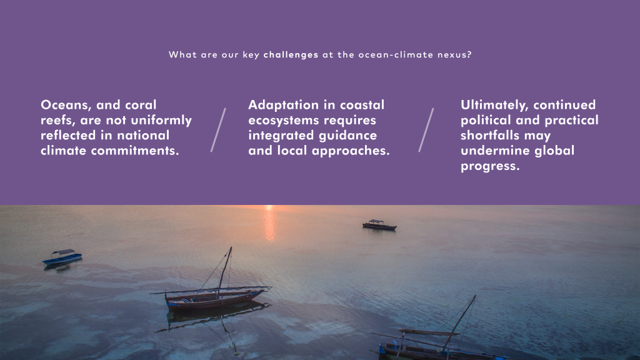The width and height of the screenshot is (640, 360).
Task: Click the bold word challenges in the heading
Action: click(x=291, y=55)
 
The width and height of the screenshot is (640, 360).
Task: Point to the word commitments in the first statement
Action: click(x=135, y=151)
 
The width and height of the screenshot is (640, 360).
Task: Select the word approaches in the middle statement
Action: click(x=351, y=151)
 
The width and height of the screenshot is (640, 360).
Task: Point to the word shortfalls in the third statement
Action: click(x=490, y=136)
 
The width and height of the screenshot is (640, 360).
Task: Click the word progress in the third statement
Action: click(x=490, y=166)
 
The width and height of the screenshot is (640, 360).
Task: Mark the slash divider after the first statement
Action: click(x=218, y=130)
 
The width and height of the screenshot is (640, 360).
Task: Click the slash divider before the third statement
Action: click(x=426, y=130)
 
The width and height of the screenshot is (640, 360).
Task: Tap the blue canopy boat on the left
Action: click(x=62, y=258)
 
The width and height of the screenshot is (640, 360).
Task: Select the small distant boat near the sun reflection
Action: click(x=379, y=225)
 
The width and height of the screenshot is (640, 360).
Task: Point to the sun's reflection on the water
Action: click(x=269, y=223)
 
